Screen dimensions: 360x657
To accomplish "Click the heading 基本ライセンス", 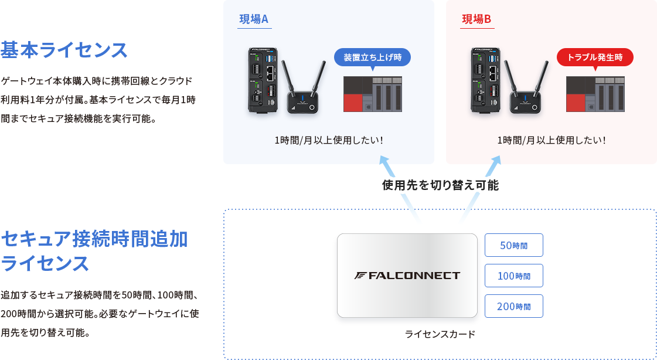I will pos(64,50).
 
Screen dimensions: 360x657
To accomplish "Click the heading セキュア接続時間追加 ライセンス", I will pos(94,251).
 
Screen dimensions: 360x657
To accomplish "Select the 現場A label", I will pos(254,19).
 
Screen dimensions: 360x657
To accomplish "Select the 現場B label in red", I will pos(476,19).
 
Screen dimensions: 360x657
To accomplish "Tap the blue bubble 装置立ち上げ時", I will pos(372,57).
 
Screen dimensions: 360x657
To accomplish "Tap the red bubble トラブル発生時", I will pos(595,57).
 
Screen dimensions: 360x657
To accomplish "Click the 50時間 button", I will pos(513,245).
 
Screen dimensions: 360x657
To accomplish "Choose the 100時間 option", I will pos(513,276).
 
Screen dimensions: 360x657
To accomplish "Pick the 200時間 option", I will pos(513,306).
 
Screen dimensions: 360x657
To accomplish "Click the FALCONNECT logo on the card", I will pos(407,276).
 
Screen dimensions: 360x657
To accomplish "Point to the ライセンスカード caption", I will pos(440,334).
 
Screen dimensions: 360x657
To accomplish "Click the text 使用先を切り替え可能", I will pos(440,186).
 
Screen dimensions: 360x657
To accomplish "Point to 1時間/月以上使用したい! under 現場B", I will pos(551,140).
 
